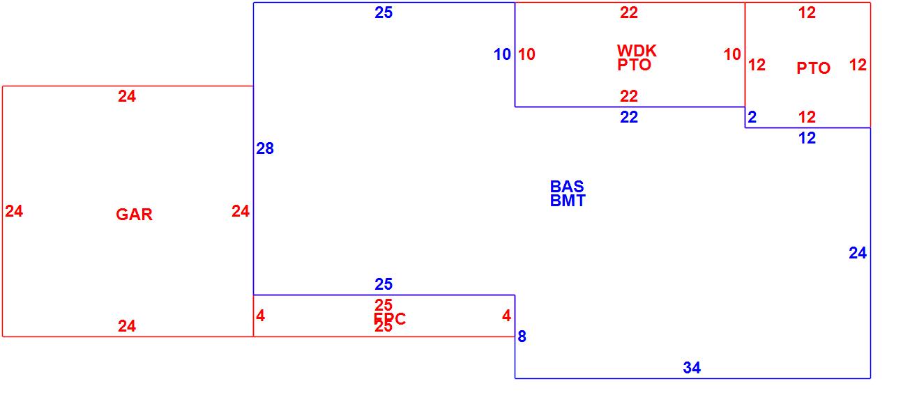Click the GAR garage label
pyautogui.click(x=134, y=215)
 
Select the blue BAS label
pyautogui.click(x=567, y=187)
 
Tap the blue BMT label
pyautogui.click(x=568, y=201)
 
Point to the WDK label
pyautogui.click(x=637, y=51)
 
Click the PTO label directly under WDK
pyautogui.click(x=635, y=65)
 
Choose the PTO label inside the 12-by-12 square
pyautogui.click(x=813, y=68)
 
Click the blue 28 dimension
pyautogui.click(x=265, y=148)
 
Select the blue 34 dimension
pyautogui.click(x=692, y=368)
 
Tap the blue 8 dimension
pyautogui.click(x=522, y=337)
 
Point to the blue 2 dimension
pyautogui.click(x=752, y=118)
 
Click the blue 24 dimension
pyautogui.click(x=858, y=254)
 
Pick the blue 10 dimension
pyautogui.click(x=502, y=54)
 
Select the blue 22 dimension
pyautogui.click(x=629, y=118)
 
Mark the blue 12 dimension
pyautogui.click(x=807, y=139)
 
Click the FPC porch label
pyautogui.click(x=390, y=319)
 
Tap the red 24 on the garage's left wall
pyautogui.click(x=14, y=211)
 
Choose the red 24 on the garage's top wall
pyautogui.click(x=127, y=97)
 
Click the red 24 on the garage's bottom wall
pyautogui.click(x=127, y=326)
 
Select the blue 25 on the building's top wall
pyautogui.click(x=384, y=13)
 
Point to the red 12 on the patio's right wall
pyautogui.click(x=858, y=65)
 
